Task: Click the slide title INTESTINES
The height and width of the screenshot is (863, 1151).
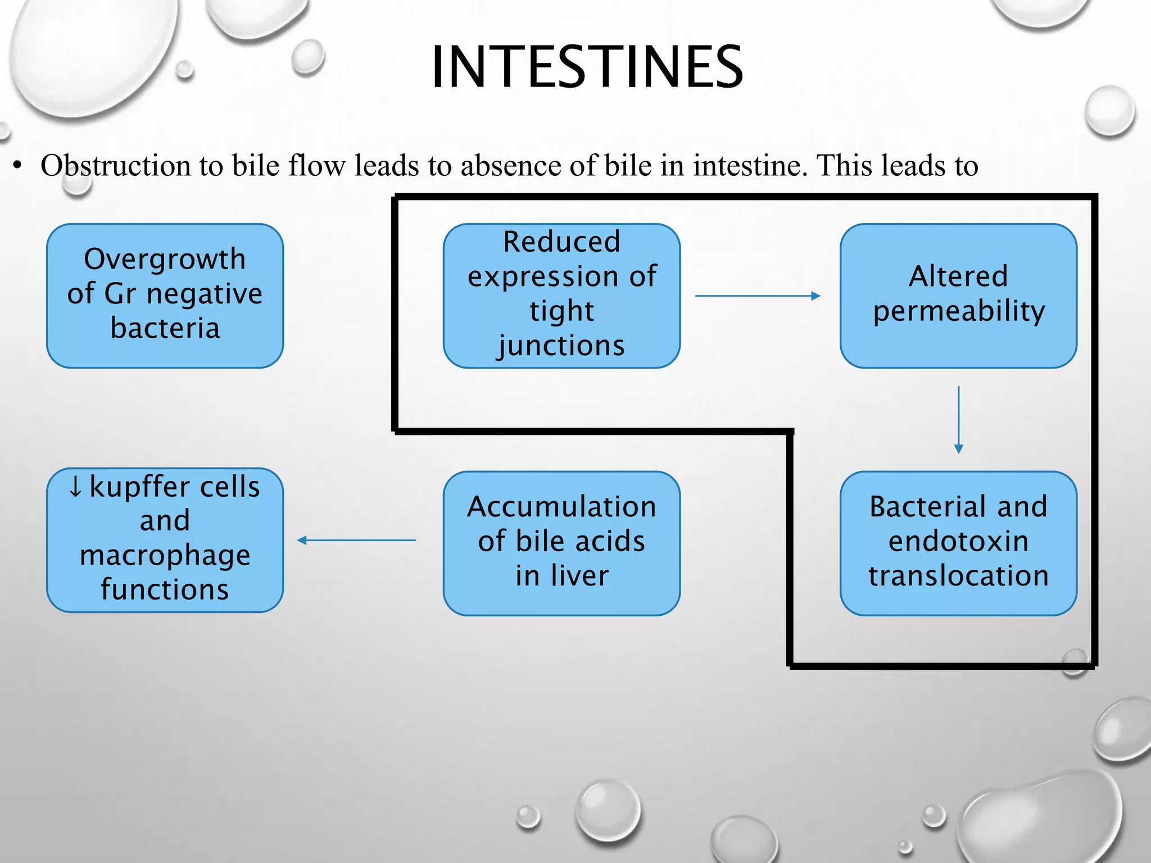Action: [587, 67]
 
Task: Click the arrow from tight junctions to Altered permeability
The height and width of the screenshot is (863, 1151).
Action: [757, 296]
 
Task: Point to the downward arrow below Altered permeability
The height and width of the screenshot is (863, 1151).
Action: [959, 419]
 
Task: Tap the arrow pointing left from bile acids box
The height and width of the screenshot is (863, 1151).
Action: [356, 540]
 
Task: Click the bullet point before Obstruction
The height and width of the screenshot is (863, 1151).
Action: [18, 166]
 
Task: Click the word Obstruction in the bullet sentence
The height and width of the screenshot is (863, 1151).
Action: [116, 166]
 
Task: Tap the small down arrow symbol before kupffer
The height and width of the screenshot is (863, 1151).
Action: [75, 487]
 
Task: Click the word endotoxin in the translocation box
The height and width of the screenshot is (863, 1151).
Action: [959, 541]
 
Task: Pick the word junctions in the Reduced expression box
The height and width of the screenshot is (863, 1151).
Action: [561, 345]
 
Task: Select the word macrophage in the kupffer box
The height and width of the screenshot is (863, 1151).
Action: [165, 555]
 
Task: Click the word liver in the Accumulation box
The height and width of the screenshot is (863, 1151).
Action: [579, 575]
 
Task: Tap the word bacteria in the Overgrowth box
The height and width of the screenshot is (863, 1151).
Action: [165, 328]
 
